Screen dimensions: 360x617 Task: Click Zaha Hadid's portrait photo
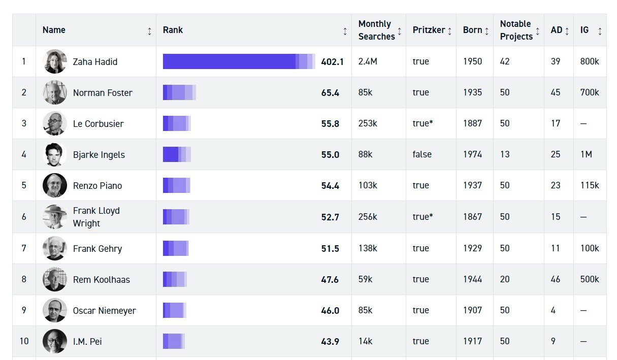54,61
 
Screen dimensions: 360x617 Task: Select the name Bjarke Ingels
99,155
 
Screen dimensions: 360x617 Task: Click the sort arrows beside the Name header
149,31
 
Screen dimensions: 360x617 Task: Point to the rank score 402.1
332,62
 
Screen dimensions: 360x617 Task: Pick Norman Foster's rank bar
179,92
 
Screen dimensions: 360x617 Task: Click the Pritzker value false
422,154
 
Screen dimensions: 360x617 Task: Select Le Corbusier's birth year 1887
472,123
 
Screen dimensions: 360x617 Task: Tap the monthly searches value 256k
368,217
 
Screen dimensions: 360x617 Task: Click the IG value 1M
586,154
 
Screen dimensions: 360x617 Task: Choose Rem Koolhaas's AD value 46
556,279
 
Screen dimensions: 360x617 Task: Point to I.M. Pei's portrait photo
54,341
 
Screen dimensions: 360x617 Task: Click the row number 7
24,248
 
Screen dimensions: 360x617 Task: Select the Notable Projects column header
516,30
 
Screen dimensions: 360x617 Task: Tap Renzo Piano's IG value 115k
590,185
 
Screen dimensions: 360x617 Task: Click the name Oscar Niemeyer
104,311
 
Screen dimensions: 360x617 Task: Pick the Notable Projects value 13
504,154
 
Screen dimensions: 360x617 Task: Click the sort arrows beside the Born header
486,31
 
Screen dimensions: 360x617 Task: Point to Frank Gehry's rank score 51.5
330,249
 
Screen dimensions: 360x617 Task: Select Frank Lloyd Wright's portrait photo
54,217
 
